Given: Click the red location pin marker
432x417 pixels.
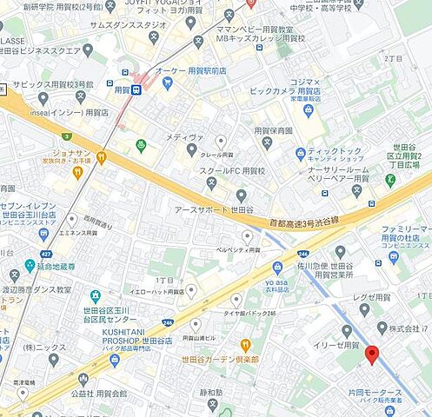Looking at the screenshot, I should click(x=372, y=355).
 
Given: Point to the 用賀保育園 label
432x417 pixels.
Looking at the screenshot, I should click(x=273, y=132).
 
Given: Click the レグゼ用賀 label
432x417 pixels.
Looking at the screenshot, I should click(x=373, y=297).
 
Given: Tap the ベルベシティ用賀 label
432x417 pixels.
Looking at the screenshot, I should click(x=238, y=249).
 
